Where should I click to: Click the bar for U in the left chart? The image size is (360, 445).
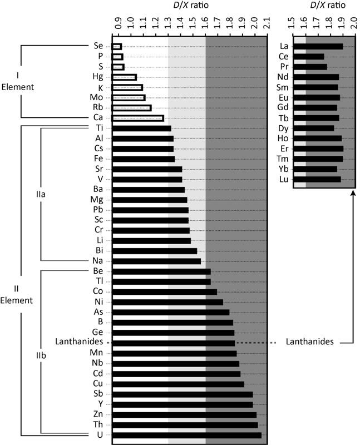(x=186, y=435)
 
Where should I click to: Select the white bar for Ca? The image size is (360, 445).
(x=137, y=118)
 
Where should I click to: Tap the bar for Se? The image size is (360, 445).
(x=117, y=47)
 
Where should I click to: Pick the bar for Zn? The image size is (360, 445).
(x=184, y=414)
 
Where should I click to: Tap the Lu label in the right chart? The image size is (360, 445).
(x=284, y=179)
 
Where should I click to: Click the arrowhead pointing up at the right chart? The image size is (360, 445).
(x=353, y=193)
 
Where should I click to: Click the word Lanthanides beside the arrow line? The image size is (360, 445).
(x=309, y=342)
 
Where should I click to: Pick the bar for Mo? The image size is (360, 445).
(x=129, y=97)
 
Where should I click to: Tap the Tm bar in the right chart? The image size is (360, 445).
(x=317, y=159)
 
